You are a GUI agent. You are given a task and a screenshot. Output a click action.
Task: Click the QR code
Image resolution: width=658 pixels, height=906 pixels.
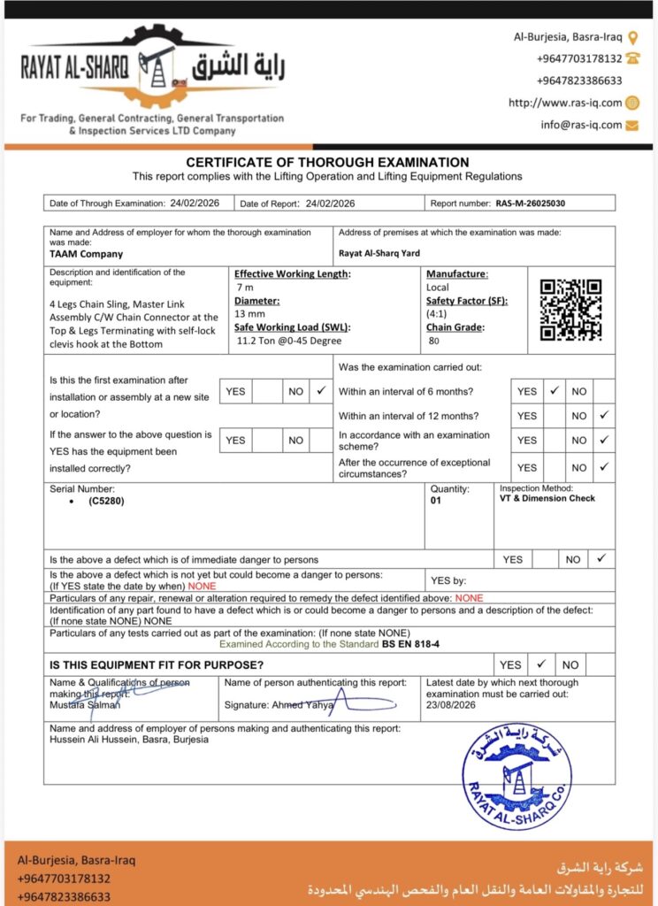coord(570,310)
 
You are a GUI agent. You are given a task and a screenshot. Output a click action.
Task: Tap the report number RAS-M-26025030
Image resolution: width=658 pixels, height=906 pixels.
coord(530,203)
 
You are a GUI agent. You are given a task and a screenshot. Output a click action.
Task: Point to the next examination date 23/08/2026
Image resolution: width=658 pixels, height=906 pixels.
coord(452,706)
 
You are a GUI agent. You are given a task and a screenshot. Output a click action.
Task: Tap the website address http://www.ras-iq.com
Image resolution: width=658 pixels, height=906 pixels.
coord(565,103)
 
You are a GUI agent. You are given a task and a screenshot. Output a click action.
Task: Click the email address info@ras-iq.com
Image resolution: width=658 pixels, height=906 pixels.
coord(581,125)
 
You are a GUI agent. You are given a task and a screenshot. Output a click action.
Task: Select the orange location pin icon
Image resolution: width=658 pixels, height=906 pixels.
coord(632,38)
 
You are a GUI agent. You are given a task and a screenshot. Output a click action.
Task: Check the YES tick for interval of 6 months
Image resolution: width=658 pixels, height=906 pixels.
coord(555,390)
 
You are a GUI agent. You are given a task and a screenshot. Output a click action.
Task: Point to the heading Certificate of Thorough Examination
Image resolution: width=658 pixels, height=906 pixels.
coord(327,163)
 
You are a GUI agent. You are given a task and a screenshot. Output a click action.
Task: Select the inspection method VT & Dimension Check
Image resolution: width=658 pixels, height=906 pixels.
coord(547,498)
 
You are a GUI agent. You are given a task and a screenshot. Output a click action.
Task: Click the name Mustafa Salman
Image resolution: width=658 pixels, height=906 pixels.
coord(85,704)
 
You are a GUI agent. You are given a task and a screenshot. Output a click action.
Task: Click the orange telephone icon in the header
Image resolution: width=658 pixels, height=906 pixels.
coord(632,58)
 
